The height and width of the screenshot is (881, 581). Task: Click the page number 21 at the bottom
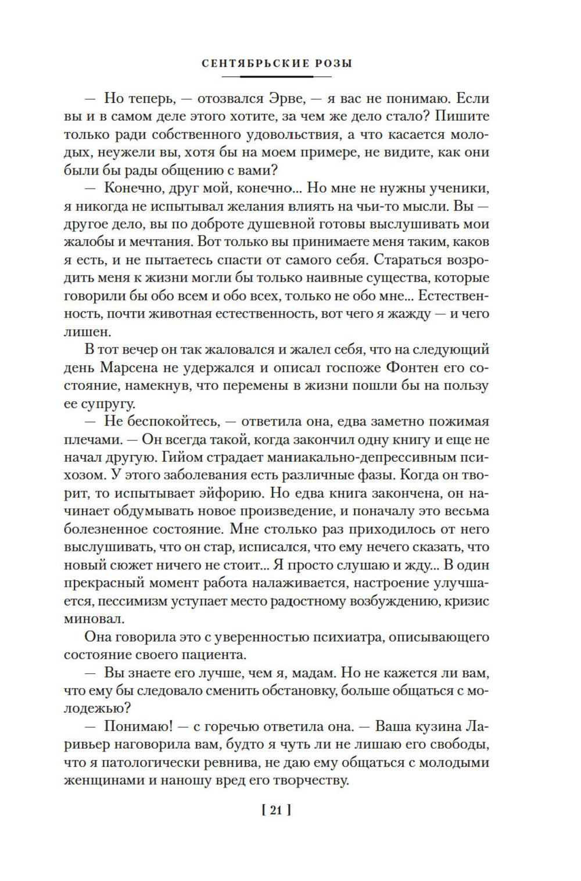(276, 810)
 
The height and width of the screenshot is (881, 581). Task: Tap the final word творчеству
(311, 781)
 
